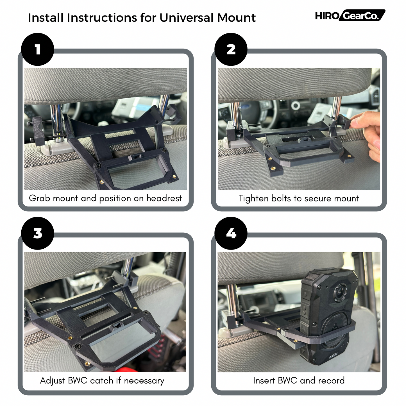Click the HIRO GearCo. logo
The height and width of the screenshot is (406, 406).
pos(350,15)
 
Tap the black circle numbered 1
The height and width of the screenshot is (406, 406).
pos(38,49)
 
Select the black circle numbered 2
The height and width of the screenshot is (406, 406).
pos(231,49)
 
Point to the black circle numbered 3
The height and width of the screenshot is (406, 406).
pos(38,233)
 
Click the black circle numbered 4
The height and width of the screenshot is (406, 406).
pos(231,233)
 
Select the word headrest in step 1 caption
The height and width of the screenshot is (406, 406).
pos(164,198)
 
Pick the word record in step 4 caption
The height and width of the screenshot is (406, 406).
pos(331,380)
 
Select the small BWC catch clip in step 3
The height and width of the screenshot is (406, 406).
pos(117,326)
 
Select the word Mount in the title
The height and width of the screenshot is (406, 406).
pos(236,18)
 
